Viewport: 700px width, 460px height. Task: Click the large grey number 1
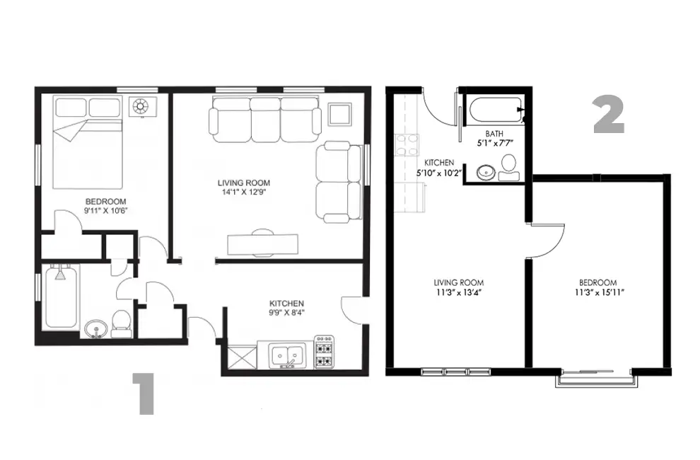144,394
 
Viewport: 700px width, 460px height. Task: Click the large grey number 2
608,116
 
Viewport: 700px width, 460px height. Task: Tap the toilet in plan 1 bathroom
121,324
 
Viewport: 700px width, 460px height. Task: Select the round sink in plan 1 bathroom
95,329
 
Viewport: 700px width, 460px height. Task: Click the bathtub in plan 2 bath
496,110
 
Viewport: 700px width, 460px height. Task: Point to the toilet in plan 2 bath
508,168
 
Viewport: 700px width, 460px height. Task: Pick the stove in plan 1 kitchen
324,352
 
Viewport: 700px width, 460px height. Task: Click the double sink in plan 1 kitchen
288,355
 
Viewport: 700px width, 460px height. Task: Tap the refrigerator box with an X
242,357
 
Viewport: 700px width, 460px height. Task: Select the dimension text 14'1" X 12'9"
244,192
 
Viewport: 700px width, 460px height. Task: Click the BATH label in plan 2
494,134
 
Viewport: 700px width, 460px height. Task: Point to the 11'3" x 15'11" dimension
600,293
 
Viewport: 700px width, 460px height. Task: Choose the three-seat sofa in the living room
264,120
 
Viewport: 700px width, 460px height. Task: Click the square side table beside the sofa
339,115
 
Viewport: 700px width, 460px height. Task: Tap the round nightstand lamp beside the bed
141,106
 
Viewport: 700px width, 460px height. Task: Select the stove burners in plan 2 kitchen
407,145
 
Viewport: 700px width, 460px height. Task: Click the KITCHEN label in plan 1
286,304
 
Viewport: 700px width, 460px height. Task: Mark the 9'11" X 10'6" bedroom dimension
106,211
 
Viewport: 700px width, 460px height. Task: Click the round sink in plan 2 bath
485,172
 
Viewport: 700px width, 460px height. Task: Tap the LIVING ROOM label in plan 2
458,282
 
